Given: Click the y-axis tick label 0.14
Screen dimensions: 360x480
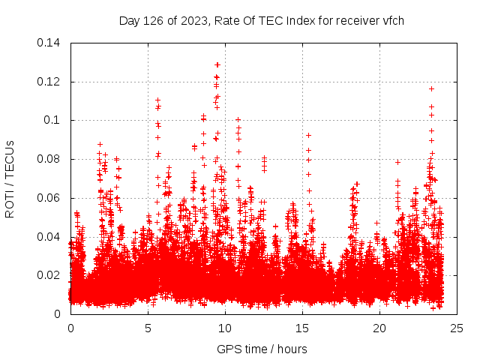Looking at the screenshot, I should click(x=50, y=43).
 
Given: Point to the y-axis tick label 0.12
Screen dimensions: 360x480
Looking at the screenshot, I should click(x=50, y=82).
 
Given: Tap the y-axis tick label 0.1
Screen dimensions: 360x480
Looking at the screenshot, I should click(x=53, y=120).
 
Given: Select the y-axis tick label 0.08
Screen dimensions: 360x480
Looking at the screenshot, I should click(x=50, y=159).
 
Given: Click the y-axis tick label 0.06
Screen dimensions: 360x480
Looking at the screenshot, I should click(x=50, y=198).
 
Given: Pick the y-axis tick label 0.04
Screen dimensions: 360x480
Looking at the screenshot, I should click(x=50, y=237).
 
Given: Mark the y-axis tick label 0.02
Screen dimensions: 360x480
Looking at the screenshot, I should click(x=50, y=275).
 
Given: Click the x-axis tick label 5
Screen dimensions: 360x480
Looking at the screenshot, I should click(x=148, y=328).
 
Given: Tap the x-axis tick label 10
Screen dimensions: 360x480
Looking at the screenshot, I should click(x=225, y=328).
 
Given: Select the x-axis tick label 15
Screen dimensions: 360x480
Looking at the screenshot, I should click(x=302, y=328).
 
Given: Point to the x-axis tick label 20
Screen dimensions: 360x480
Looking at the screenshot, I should click(x=379, y=328).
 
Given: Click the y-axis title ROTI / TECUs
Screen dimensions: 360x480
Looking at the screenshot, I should click(x=10, y=178).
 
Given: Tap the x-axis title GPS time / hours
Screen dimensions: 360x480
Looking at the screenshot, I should click(x=262, y=349).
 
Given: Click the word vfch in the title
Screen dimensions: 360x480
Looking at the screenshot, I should click(x=392, y=20).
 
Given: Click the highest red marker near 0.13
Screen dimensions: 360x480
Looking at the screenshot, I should click(x=217, y=64).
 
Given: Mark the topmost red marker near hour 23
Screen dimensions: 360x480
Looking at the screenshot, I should click(x=431, y=88).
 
